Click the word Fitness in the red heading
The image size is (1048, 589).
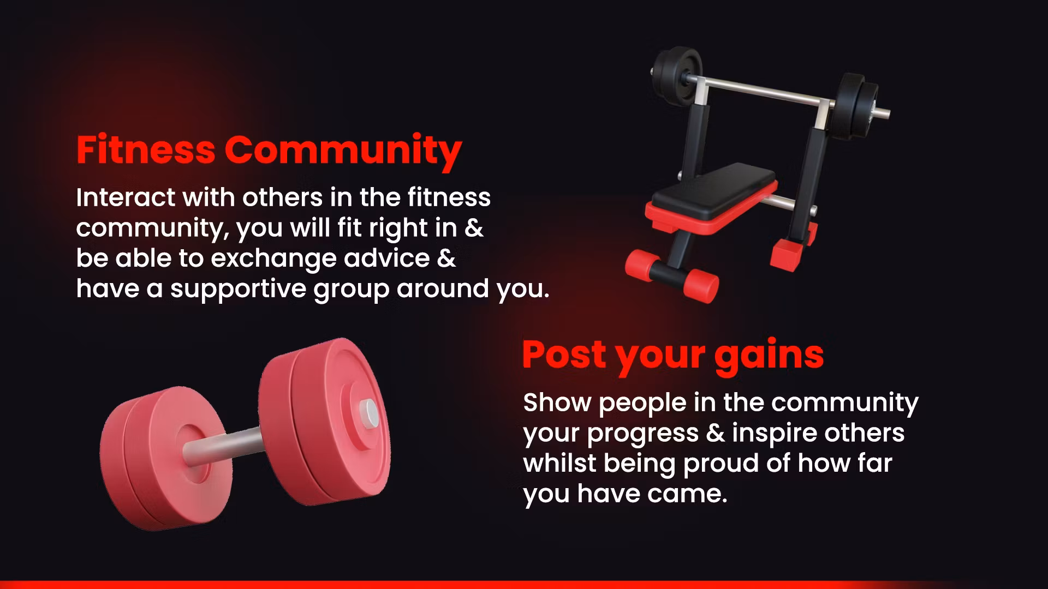point(146,149)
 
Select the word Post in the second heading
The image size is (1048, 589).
point(564,354)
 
